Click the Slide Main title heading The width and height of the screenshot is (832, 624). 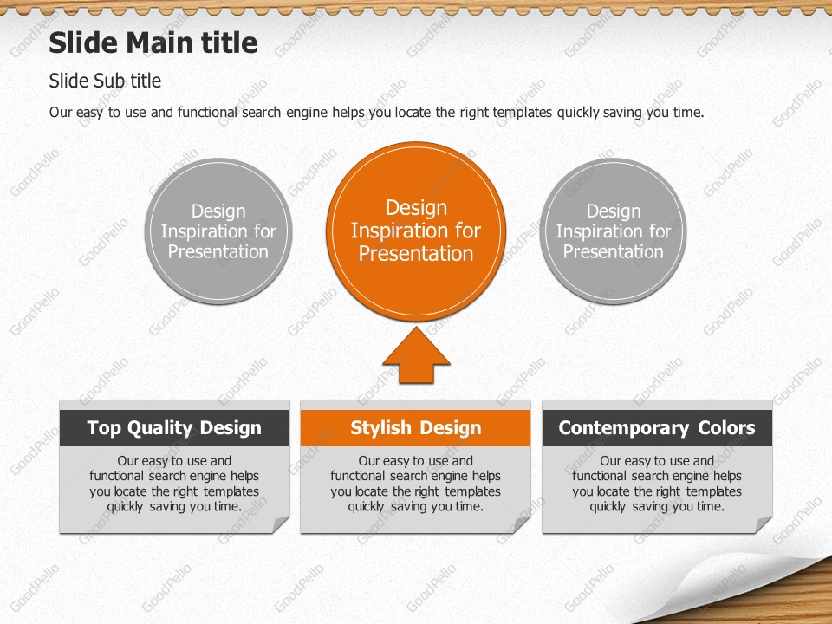tap(153, 42)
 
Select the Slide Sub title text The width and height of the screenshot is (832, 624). tap(105, 81)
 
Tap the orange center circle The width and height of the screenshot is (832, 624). tap(416, 231)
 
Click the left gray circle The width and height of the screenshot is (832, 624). tap(218, 231)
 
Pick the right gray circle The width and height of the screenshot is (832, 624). tap(614, 231)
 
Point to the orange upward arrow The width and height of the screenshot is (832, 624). tap(416, 356)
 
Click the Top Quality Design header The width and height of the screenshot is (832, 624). tap(174, 428)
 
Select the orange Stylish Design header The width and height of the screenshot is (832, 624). tap(416, 428)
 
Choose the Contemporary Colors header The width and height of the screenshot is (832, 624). tap(657, 428)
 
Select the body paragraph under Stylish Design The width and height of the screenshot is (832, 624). tap(416, 484)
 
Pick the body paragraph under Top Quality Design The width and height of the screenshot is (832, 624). tap(174, 484)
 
